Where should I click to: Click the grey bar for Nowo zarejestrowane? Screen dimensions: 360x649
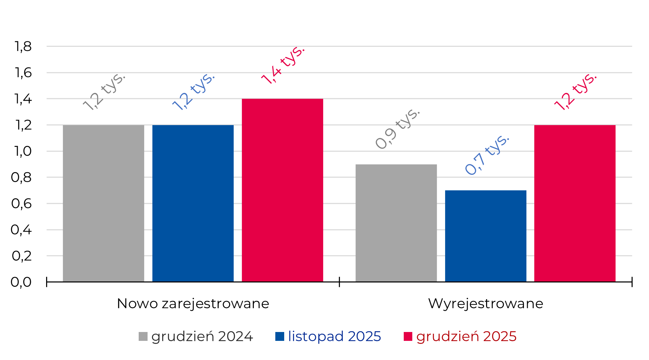[x=103, y=203]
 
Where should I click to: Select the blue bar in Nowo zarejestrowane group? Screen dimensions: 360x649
[x=193, y=203]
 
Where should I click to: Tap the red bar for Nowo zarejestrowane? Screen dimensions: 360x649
[x=282, y=190]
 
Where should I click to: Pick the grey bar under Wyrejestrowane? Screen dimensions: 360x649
[x=396, y=223]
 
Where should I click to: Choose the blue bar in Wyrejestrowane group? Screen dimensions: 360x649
[x=486, y=236]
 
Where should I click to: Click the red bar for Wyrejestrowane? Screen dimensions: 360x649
[x=575, y=203]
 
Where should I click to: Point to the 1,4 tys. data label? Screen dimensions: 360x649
[x=283, y=65]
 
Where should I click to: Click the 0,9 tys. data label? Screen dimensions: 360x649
[x=398, y=129]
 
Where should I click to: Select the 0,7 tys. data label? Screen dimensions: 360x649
[x=487, y=155]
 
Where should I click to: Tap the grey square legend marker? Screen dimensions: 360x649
[x=143, y=336]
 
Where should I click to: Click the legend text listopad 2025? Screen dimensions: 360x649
[x=334, y=336]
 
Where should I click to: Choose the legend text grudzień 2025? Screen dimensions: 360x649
[x=466, y=336]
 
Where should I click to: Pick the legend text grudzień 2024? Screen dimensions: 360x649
[x=202, y=336]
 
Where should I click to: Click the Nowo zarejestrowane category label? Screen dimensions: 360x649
[x=193, y=303]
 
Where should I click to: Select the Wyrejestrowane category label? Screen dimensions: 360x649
[x=486, y=303]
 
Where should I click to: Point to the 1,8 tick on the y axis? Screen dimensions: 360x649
[x=23, y=46]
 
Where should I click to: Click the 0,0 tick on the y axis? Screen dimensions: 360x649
[x=21, y=282]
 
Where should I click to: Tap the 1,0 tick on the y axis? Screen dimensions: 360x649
[x=23, y=151]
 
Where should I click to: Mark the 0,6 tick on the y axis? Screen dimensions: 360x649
[x=22, y=204]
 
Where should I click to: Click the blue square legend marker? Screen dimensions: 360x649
[x=280, y=336]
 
